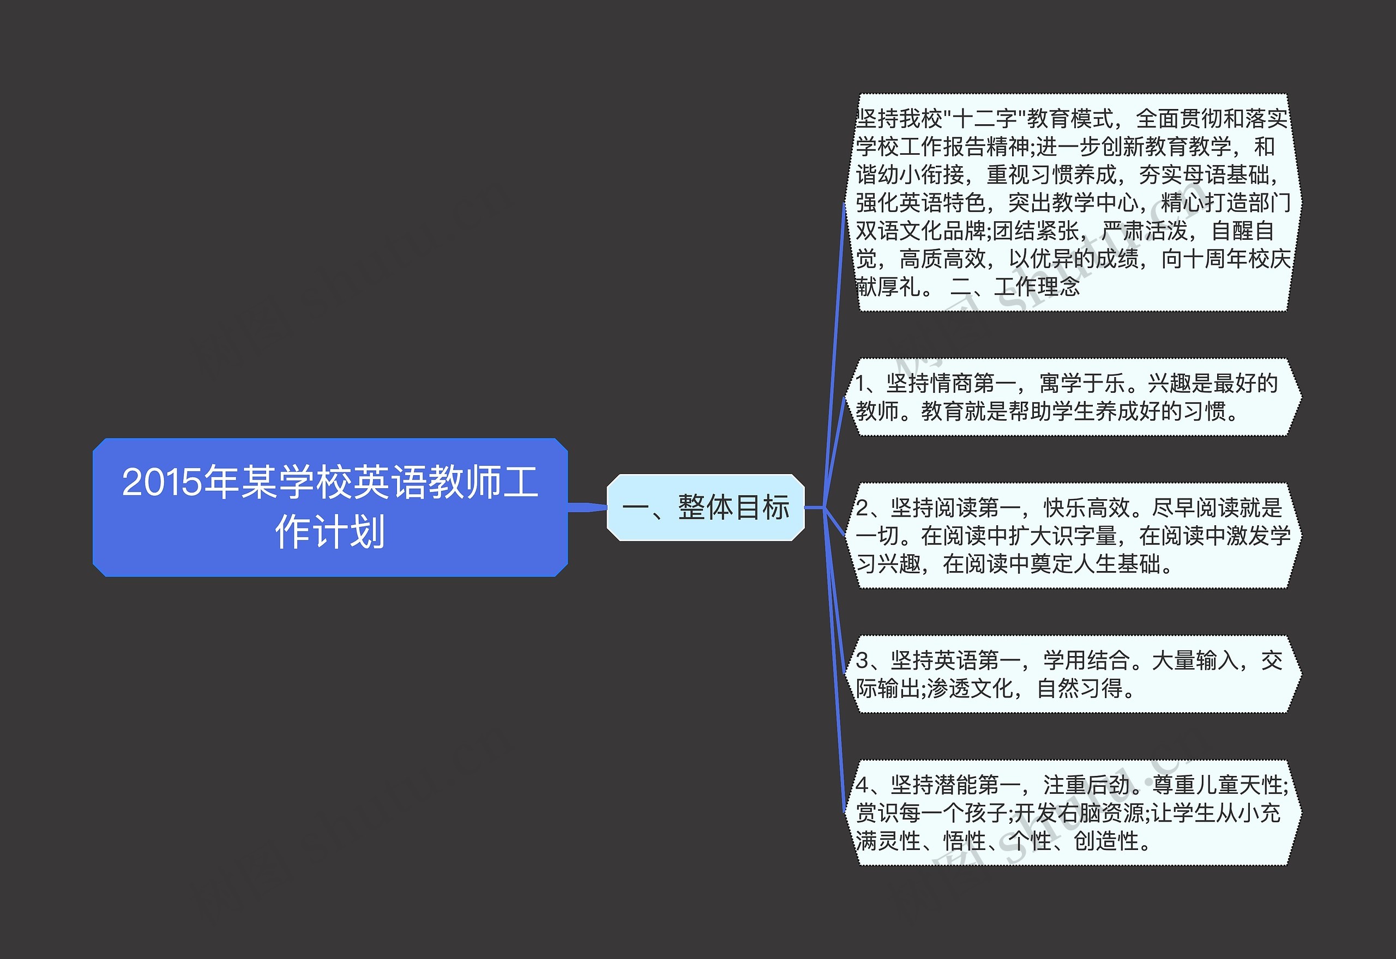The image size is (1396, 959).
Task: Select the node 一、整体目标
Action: tap(705, 507)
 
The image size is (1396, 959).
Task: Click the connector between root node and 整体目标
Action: tap(587, 507)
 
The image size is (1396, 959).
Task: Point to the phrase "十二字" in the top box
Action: tap(984, 118)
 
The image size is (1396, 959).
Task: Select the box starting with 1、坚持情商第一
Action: tap(1073, 397)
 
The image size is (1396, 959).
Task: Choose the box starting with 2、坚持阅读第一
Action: tap(1073, 536)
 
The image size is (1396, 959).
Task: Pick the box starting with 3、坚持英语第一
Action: tap(1073, 674)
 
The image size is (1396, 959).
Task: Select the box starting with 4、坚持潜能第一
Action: tap(1073, 813)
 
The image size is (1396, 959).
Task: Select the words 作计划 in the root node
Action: tap(329, 532)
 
